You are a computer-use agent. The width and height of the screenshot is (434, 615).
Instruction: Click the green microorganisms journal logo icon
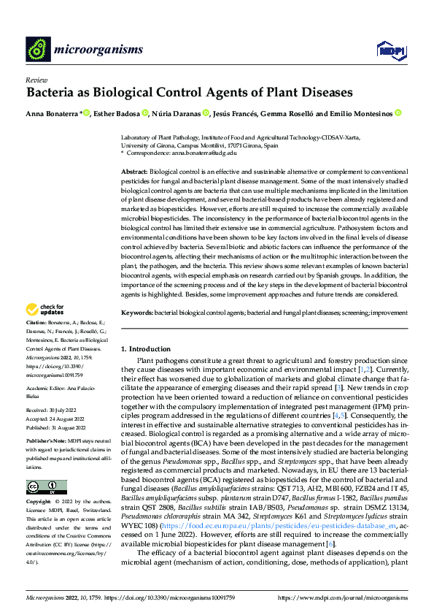pos(37,49)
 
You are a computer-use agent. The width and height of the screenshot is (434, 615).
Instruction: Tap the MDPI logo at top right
pos(390,49)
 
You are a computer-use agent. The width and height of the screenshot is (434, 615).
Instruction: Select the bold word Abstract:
pos(134,170)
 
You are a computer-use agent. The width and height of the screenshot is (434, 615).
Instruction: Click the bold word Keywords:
pos(136,312)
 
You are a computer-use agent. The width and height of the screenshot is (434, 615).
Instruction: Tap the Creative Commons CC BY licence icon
pos(46,487)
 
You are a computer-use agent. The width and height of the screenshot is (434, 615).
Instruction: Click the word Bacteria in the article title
pos(54,93)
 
